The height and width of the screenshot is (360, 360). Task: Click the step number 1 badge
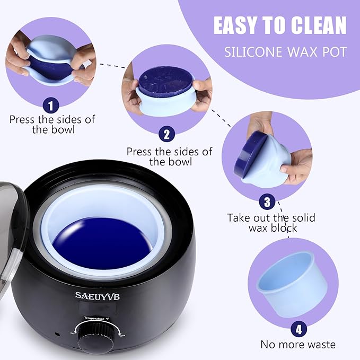[50, 106]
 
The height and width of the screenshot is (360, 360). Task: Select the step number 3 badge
[267, 201]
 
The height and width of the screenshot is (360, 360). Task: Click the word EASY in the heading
[241, 25]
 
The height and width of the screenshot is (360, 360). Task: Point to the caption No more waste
[297, 345]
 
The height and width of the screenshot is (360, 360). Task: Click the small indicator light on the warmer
[56, 335]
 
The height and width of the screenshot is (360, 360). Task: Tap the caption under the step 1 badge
[52, 125]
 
